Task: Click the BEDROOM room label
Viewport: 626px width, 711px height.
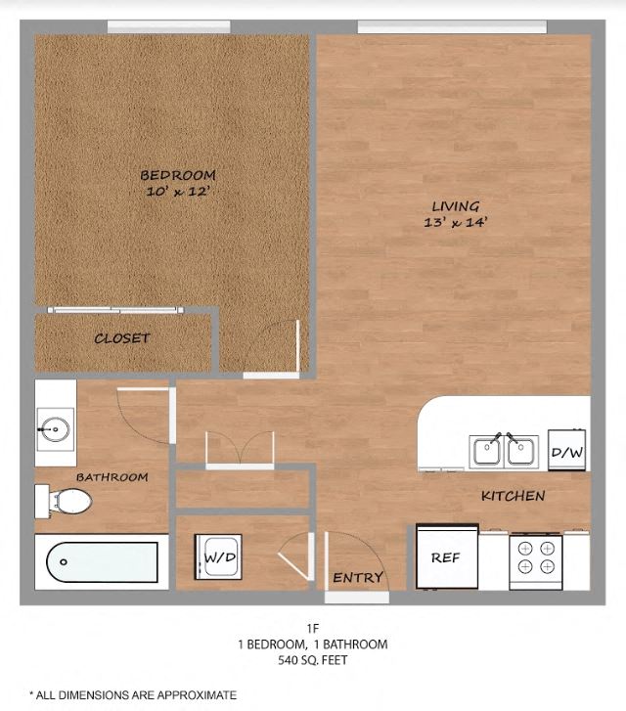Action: pyautogui.click(x=177, y=175)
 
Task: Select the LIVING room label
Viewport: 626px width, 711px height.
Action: pyautogui.click(x=456, y=206)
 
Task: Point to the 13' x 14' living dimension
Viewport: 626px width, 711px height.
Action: pyautogui.click(x=456, y=222)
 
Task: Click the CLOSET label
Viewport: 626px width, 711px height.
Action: pyautogui.click(x=122, y=338)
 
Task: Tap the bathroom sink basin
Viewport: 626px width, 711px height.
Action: pyautogui.click(x=56, y=428)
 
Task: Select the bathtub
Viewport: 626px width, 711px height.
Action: pyautogui.click(x=102, y=562)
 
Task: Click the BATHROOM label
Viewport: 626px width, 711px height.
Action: pyautogui.click(x=112, y=477)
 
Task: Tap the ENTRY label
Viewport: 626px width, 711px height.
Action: pyautogui.click(x=357, y=577)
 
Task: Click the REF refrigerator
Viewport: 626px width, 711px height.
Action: pyautogui.click(x=447, y=557)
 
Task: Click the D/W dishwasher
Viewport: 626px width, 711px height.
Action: pyautogui.click(x=566, y=451)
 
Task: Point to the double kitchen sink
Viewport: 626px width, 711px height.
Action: pyautogui.click(x=504, y=450)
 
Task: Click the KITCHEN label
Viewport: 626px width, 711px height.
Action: pyautogui.click(x=513, y=496)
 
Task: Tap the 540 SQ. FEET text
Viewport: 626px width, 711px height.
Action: pyautogui.click(x=312, y=661)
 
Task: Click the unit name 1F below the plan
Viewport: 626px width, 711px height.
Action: pyautogui.click(x=312, y=628)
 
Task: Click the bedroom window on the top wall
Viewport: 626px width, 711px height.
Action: pyautogui.click(x=168, y=26)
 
